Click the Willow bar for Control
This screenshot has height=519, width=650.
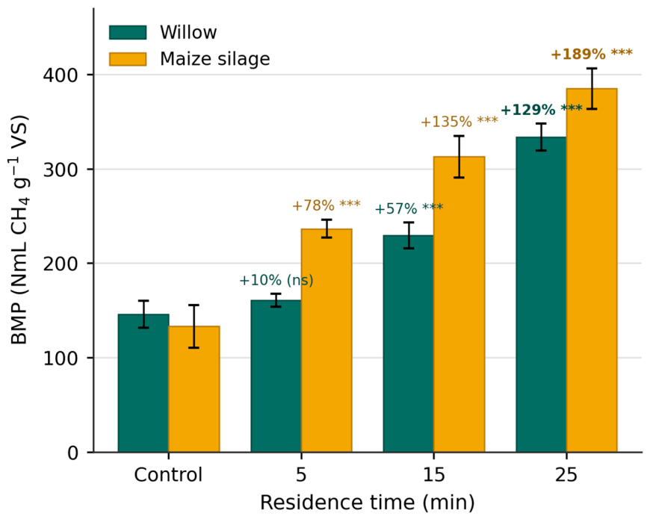pyautogui.click(x=143, y=383)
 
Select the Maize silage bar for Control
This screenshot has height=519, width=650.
pyautogui.click(x=194, y=389)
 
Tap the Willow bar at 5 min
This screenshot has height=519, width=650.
pyautogui.click(x=276, y=376)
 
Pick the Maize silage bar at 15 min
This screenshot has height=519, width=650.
pyautogui.click(x=459, y=304)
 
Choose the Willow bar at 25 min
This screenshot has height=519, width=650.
pyautogui.click(x=541, y=294)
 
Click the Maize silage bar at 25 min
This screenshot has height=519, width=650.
pyautogui.click(x=592, y=270)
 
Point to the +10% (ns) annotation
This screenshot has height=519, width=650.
pyautogui.click(x=276, y=281)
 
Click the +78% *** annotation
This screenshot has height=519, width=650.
pyautogui.click(x=326, y=205)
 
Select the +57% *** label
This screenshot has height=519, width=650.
pyautogui.click(x=409, y=208)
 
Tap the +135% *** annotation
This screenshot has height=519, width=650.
pyautogui.click(x=459, y=122)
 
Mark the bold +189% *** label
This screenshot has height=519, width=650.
pyautogui.click(x=592, y=54)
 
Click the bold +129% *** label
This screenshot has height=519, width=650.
pyautogui.click(x=542, y=110)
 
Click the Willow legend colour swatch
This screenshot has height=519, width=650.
pyautogui.click(x=128, y=32)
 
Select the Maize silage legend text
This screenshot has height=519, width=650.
pyautogui.click(x=214, y=59)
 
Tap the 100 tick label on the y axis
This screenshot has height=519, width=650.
pyautogui.click(x=61, y=358)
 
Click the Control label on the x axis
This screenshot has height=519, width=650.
pyautogui.click(x=168, y=475)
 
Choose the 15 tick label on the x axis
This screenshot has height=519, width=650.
pyautogui.click(x=433, y=475)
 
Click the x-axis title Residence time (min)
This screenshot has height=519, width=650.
pyautogui.click(x=368, y=503)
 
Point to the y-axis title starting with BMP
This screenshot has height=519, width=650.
pyautogui.click(x=19, y=230)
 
